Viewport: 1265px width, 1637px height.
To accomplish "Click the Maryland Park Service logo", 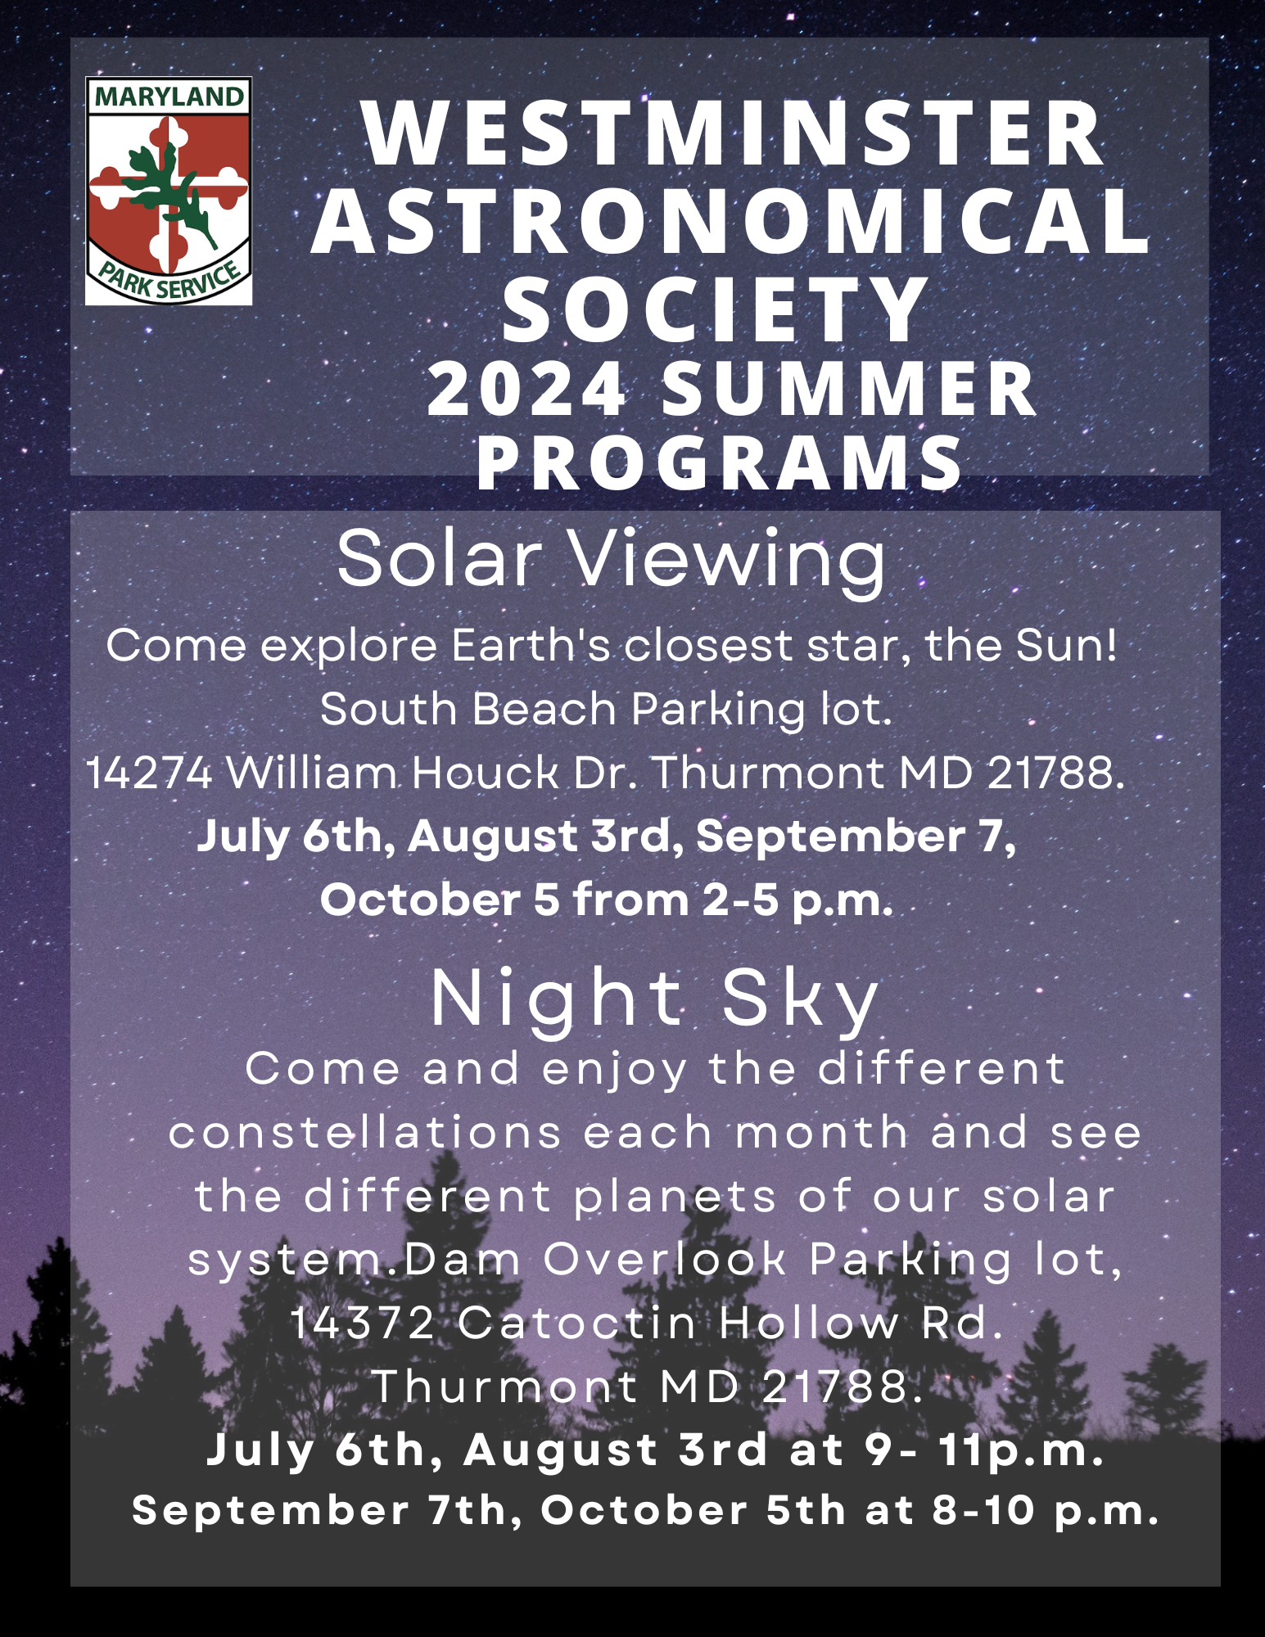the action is click(x=169, y=192).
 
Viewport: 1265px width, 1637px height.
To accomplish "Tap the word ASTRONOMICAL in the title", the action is click(x=731, y=221).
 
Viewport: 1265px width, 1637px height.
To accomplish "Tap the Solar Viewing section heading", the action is click(x=612, y=560).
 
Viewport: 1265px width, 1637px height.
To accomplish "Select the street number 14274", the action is click(x=150, y=773).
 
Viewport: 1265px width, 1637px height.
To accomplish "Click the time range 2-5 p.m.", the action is click(x=797, y=900).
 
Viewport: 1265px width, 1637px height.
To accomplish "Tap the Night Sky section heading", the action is click(x=655, y=1000).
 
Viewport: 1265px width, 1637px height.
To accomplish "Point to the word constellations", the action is click(x=365, y=1132).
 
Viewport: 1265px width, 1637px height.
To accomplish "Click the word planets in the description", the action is click(x=675, y=1197).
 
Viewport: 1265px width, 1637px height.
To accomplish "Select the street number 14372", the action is click(x=362, y=1323).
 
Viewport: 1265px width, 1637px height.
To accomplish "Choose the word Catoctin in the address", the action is click(x=578, y=1323).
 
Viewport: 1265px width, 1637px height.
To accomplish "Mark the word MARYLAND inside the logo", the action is click(x=169, y=97).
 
